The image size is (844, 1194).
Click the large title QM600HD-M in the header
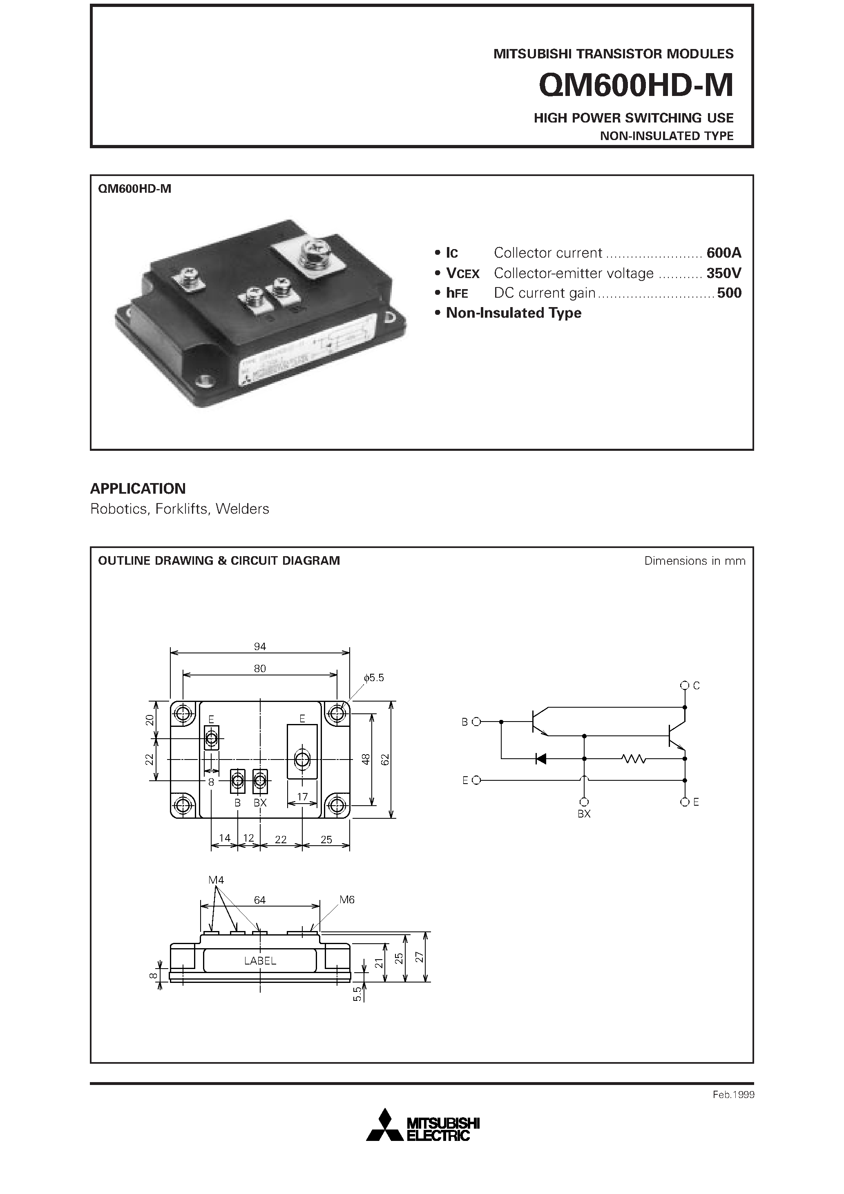pyautogui.click(x=636, y=85)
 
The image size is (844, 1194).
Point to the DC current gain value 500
pyautogui.click(x=729, y=293)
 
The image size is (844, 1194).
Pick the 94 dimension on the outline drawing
pyautogui.click(x=260, y=646)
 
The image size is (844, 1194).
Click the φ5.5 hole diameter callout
pyautogui.click(x=374, y=678)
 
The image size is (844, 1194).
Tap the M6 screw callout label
pyautogui.click(x=347, y=900)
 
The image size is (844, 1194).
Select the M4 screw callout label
pyautogui.click(x=216, y=880)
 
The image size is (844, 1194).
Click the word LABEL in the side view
pyautogui.click(x=260, y=961)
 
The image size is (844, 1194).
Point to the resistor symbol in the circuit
pyautogui.click(x=633, y=759)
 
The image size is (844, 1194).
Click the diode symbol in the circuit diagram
pyautogui.click(x=541, y=759)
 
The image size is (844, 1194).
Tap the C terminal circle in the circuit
pyautogui.click(x=684, y=685)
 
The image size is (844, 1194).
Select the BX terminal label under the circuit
pyautogui.click(x=584, y=814)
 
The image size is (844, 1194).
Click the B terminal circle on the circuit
pyautogui.click(x=476, y=722)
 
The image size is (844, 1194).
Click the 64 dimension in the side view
pyautogui.click(x=260, y=900)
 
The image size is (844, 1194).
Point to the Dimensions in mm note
pyautogui.click(x=694, y=561)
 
